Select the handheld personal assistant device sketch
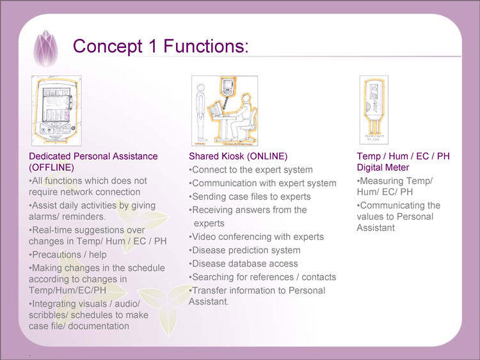(56, 109)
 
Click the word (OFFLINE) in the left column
(52, 168)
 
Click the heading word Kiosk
(232, 156)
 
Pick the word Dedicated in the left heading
(51, 156)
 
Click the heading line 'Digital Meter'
(383, 168)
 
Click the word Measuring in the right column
(381, 181)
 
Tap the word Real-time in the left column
(51, 230)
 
